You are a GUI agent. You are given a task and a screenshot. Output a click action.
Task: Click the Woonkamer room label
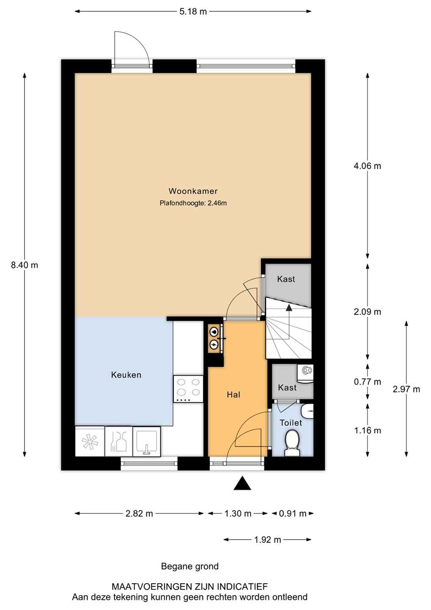coord(193,191)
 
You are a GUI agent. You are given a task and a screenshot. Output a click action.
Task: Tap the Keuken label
coord(126,375)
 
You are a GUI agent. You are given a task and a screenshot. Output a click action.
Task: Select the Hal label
coord(233,395)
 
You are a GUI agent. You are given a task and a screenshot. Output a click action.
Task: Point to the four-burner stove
coord(188,388)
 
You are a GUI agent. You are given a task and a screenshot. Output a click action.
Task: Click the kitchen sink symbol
coord(146,441)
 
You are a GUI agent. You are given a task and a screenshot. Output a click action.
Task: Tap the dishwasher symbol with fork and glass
coord(119,441)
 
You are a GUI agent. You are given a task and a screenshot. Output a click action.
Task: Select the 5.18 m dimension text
coord(193,12)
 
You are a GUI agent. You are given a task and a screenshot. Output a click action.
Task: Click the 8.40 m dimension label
coord(25,265)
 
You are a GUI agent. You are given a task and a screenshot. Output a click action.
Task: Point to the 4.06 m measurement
coord(367,166)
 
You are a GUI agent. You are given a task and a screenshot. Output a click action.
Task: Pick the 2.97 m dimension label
coord(406,389)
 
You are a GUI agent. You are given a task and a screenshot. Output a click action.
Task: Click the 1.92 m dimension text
coord(268,540)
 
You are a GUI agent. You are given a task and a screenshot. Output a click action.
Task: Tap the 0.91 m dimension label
coord(293,513)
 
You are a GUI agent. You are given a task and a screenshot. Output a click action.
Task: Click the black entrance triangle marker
coord(242,483)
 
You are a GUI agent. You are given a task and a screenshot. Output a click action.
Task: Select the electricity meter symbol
coord(214,345)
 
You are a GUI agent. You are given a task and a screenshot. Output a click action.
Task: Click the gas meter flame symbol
coord(214,332)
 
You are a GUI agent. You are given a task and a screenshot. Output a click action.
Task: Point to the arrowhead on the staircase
coord(289,308)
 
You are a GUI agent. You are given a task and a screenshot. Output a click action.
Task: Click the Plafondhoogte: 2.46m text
coord(193,203)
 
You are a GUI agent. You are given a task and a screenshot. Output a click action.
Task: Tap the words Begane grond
coord(190,566)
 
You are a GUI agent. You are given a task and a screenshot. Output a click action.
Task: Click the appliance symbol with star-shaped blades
coord(90,441)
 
